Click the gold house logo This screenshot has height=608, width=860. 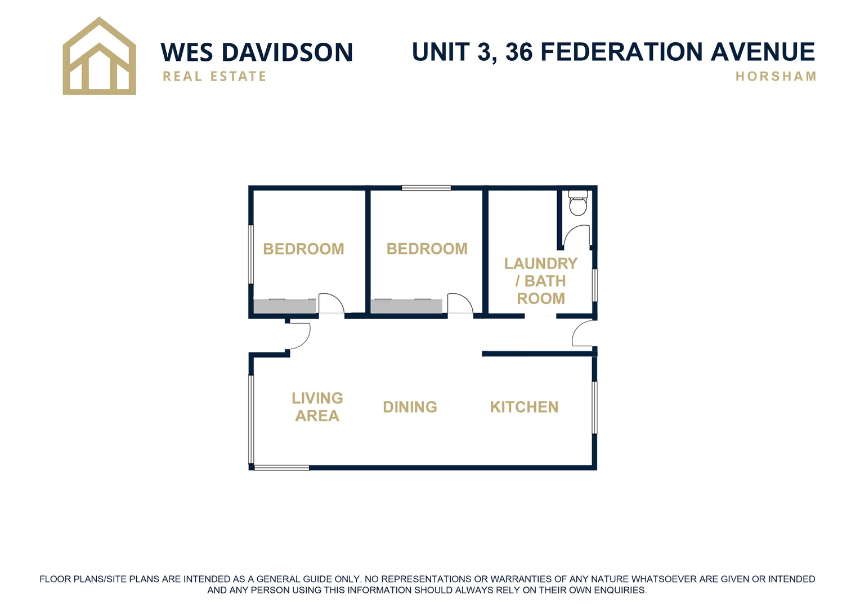pyautogui.click(x=99, y=56)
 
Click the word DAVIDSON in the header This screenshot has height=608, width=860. pyautogui.click(x=288, y=53)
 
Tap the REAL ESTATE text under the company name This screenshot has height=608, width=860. pyautogui.click(x=214, y=77)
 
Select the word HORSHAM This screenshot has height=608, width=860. pyautogui.click(x=776, y=77)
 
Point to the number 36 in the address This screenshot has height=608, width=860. pyautogui.click(x=518, y=52)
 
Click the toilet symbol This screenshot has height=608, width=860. pyautogui.click(x=577, y=203)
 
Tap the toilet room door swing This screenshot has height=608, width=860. pyautogui.click(x=577, y=235)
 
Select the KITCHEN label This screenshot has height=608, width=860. pyautogui.click(x=524, y=407)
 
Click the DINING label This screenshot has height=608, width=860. pyautogui.click(x=410, y=407)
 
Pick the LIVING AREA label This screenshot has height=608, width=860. pyautogui.click(x=317, y=407)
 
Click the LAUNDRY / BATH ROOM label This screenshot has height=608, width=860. pyautogui.click(x=540, y=281)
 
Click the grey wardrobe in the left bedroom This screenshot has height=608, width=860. pyautogui.click(x=285, y=306)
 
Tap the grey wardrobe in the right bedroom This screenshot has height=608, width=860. pyautogui.click(x=406, y=306)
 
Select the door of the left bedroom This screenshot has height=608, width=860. pyautogui.click(x=331, y=304)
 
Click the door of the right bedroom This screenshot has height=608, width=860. pyautogui.click(x=460, y=304)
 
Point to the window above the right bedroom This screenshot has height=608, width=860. pyautogui.click(x=426, y=188)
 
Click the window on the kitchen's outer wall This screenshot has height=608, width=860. pyautogui.click(x=594, y=407)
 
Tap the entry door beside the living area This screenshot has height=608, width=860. pyautogui.click(x=298, y=336)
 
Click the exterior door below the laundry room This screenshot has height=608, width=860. pyautogui.click(x=583, y=334)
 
